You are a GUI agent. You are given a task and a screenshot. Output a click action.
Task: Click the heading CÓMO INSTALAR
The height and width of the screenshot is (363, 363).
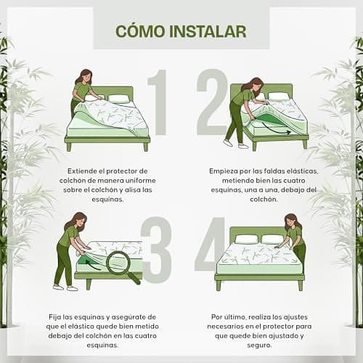tap(181, 31)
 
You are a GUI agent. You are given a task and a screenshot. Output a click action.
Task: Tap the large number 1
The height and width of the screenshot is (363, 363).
tap(158, 102)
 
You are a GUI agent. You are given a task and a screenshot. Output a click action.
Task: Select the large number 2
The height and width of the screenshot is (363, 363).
tap(212, 102)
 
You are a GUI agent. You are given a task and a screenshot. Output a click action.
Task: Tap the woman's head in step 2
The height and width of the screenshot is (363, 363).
tap(256, 84)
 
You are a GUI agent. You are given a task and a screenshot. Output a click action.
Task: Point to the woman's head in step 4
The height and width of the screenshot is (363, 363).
tap(292, 221)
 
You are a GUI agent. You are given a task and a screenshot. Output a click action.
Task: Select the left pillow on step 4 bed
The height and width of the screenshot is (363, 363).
tap(246, 239)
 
